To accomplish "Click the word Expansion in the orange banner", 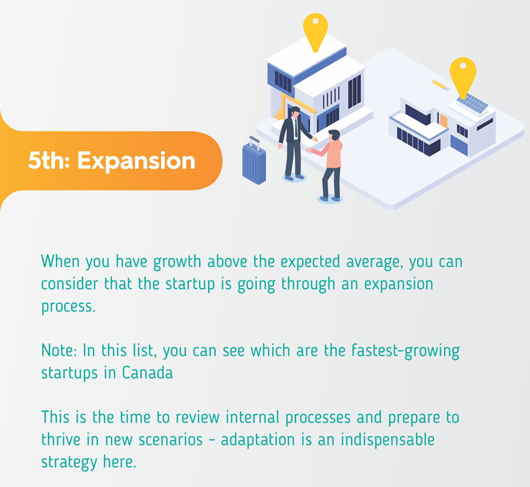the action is pyautogui.click(x=136, y=161).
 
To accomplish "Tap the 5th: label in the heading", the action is pyautogui.click(x=49, y=160).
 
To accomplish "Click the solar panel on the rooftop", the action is pyautogui.click(x=473, y=104).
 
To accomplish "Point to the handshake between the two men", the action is pyautogui.click(x=312, y=144).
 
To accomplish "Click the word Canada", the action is pyautogui.click(x=147, y=373).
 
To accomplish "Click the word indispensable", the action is pyautogui.click(x=387, y=440).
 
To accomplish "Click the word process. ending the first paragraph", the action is pyautogui.click(x=68, y=307).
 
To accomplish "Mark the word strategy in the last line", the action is pyautogui.click(x=69, y=462).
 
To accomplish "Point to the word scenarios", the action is pyautogui.click(x=170, y=440).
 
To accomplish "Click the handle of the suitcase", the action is pyautogui.click(x=255, y=142).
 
